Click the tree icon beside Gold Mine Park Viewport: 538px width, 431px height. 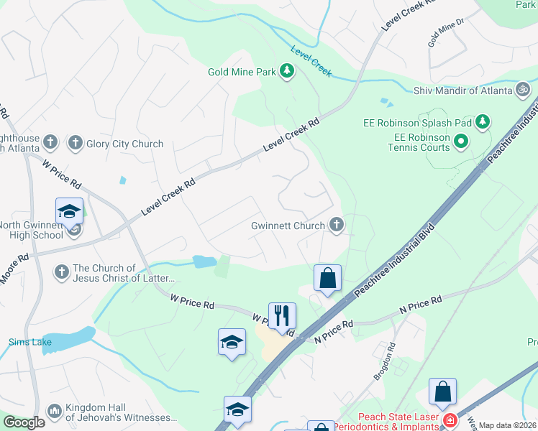tap(287, 71)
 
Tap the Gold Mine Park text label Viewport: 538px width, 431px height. tap(242, 72)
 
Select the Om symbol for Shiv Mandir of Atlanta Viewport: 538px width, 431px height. tap(524, 91)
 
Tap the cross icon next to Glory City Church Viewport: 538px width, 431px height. tap(74, 143)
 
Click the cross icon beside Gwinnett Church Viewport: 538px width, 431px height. tap(336, 226)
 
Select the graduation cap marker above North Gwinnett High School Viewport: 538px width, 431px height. tap(69, 211)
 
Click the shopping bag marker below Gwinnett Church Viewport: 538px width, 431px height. tap(327, 278)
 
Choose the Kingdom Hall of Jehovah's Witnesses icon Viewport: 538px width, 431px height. tap(54, 412)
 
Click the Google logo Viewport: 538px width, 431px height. tap(24, 422)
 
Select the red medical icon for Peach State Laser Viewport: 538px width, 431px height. tap(450, 420)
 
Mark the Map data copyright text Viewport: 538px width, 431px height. tap(507, 425)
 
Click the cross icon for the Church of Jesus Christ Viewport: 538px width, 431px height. tap(61, 272)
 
